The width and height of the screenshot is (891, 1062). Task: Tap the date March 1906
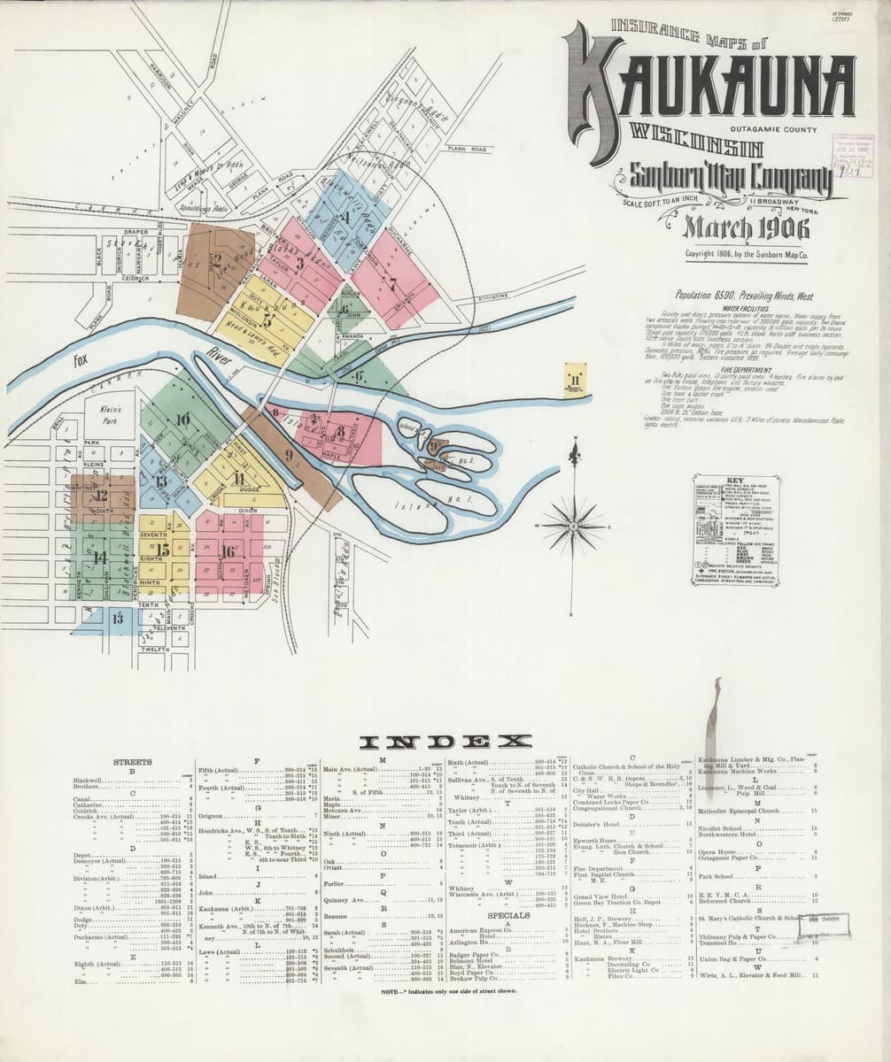746,228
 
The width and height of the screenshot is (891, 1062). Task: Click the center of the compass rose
575,524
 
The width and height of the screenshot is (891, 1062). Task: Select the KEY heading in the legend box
734,482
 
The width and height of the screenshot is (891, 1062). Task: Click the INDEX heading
445,742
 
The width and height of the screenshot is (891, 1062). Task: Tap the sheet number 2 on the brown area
215,260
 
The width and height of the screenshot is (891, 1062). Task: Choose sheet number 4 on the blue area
348,218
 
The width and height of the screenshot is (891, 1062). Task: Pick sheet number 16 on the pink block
228,551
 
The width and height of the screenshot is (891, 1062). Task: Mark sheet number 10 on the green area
182,419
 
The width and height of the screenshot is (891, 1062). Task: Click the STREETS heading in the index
132,761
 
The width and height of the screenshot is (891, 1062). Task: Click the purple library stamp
852,150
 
